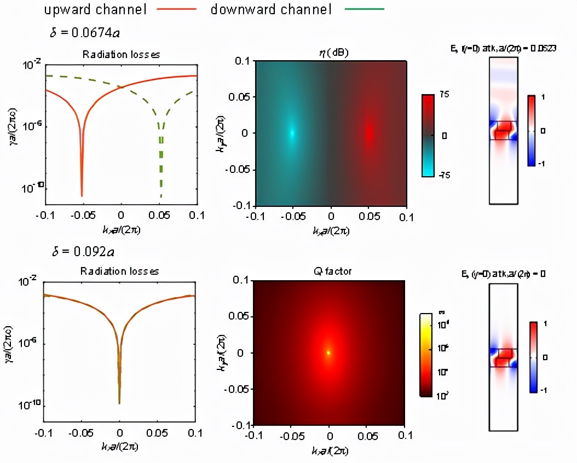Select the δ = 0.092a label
pos(82,252)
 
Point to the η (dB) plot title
pos(330,53)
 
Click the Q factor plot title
pos(329,271)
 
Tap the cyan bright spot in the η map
pos(292,133)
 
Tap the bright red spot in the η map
pos(368,133)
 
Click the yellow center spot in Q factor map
pos(328,353)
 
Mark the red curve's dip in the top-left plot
pos(82,194)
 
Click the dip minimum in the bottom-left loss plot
pos(119,403)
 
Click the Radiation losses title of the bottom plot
pos(120,271)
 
